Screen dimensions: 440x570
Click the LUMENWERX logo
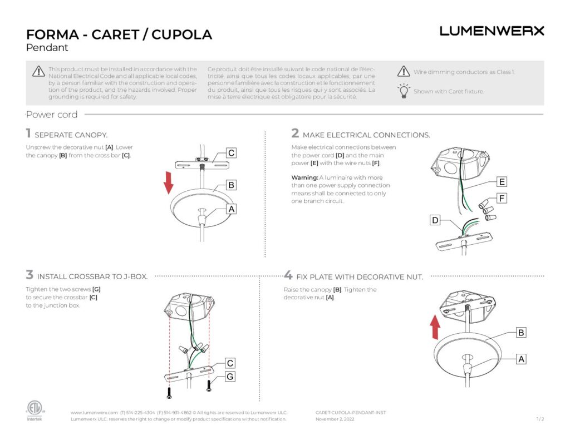[492, 31]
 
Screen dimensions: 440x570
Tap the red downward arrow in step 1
[169, 182]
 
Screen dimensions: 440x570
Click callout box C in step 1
[232, 153]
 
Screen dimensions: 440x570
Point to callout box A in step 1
[232, 209]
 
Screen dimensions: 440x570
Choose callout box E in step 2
[502, 182]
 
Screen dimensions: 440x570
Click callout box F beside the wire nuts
[502, 198]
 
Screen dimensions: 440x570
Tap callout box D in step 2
[435, 220]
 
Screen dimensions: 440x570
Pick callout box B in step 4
[520, 333]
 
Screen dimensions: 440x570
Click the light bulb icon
[404, 91]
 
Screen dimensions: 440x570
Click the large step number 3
[30, 275]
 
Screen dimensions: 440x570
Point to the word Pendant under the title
[47, 48]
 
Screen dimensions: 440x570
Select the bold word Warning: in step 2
[304, 177]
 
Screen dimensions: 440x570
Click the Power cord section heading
[52, 115]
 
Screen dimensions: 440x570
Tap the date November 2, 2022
[335, 419]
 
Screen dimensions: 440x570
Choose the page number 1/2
[540, 419]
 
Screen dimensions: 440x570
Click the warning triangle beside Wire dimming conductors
[404, 71]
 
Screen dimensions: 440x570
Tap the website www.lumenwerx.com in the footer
[94, 413]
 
